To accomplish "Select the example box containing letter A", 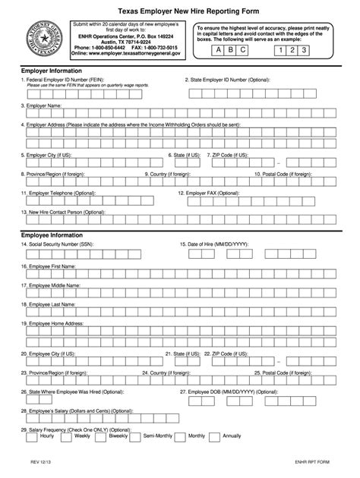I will (219, 51).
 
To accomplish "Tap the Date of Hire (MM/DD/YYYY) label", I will (216, 244).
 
